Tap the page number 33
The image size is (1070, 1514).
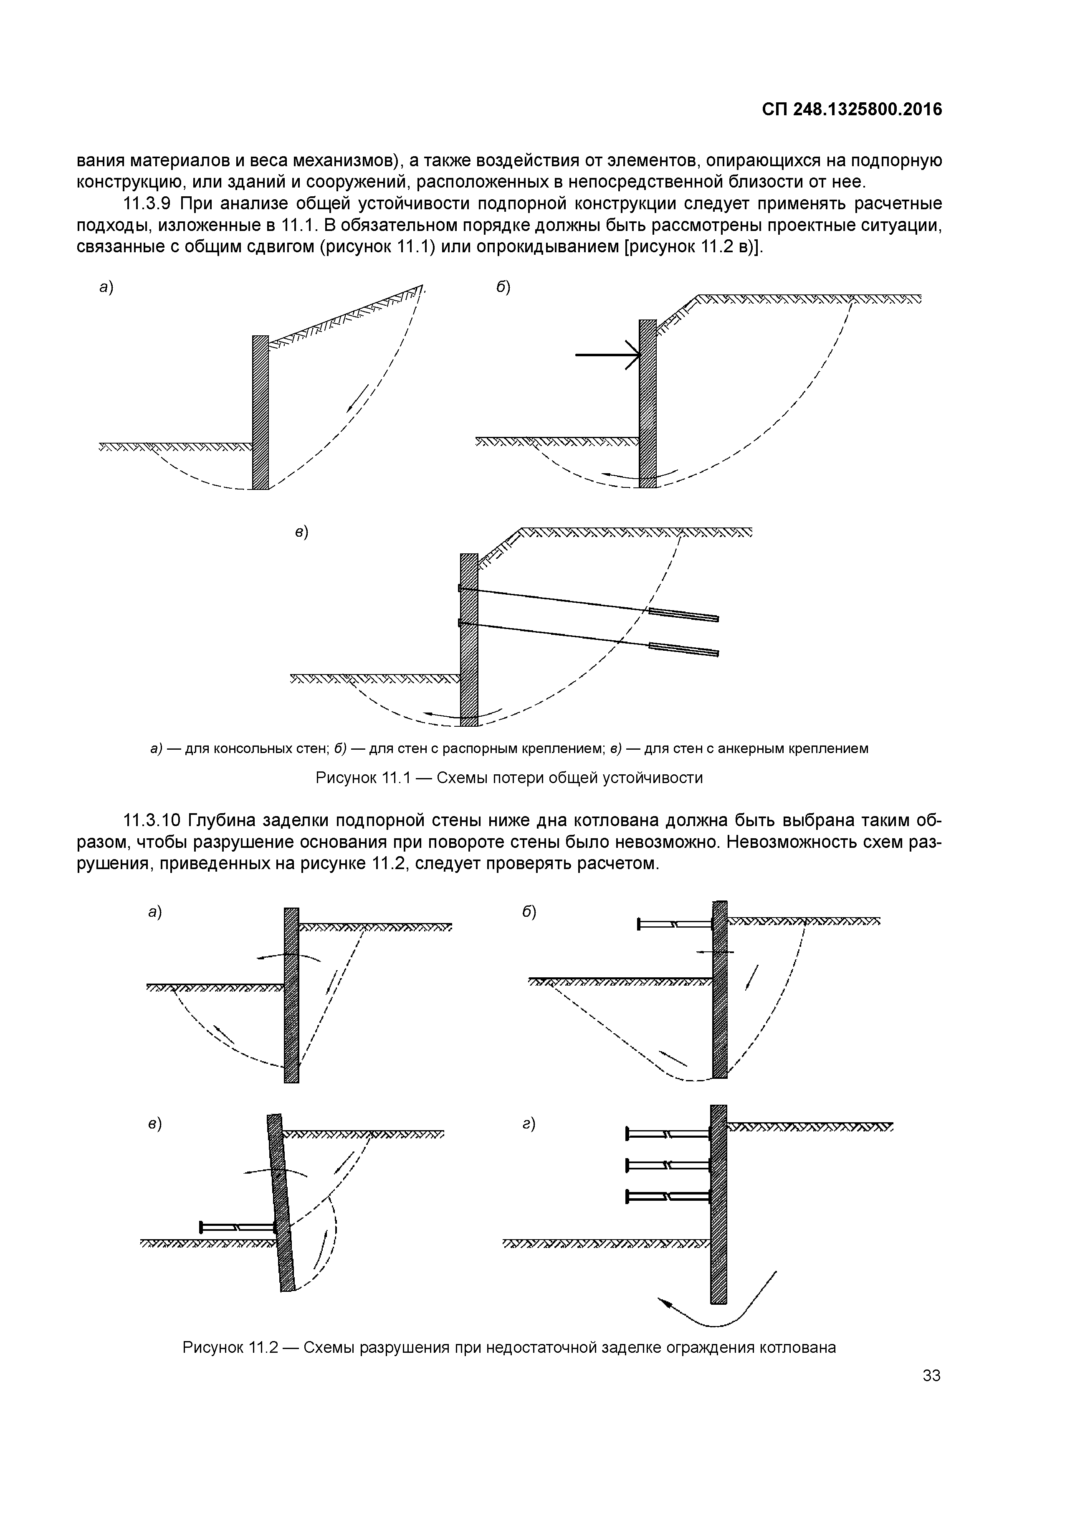pyautogui.click(x=931, y=1375)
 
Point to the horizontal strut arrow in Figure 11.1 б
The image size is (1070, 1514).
pyautogui.click(x=607, y=355)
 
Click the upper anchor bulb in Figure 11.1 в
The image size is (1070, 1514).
pyautogui.click(x=684, y=614)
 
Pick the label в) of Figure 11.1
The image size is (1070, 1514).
pyautogui.click(x=301, y=533)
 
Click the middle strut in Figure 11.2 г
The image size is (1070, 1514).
pyautogui.click(x=667, y=1165)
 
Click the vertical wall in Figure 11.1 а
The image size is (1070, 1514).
pyautogui.click(x=261, y=412)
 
